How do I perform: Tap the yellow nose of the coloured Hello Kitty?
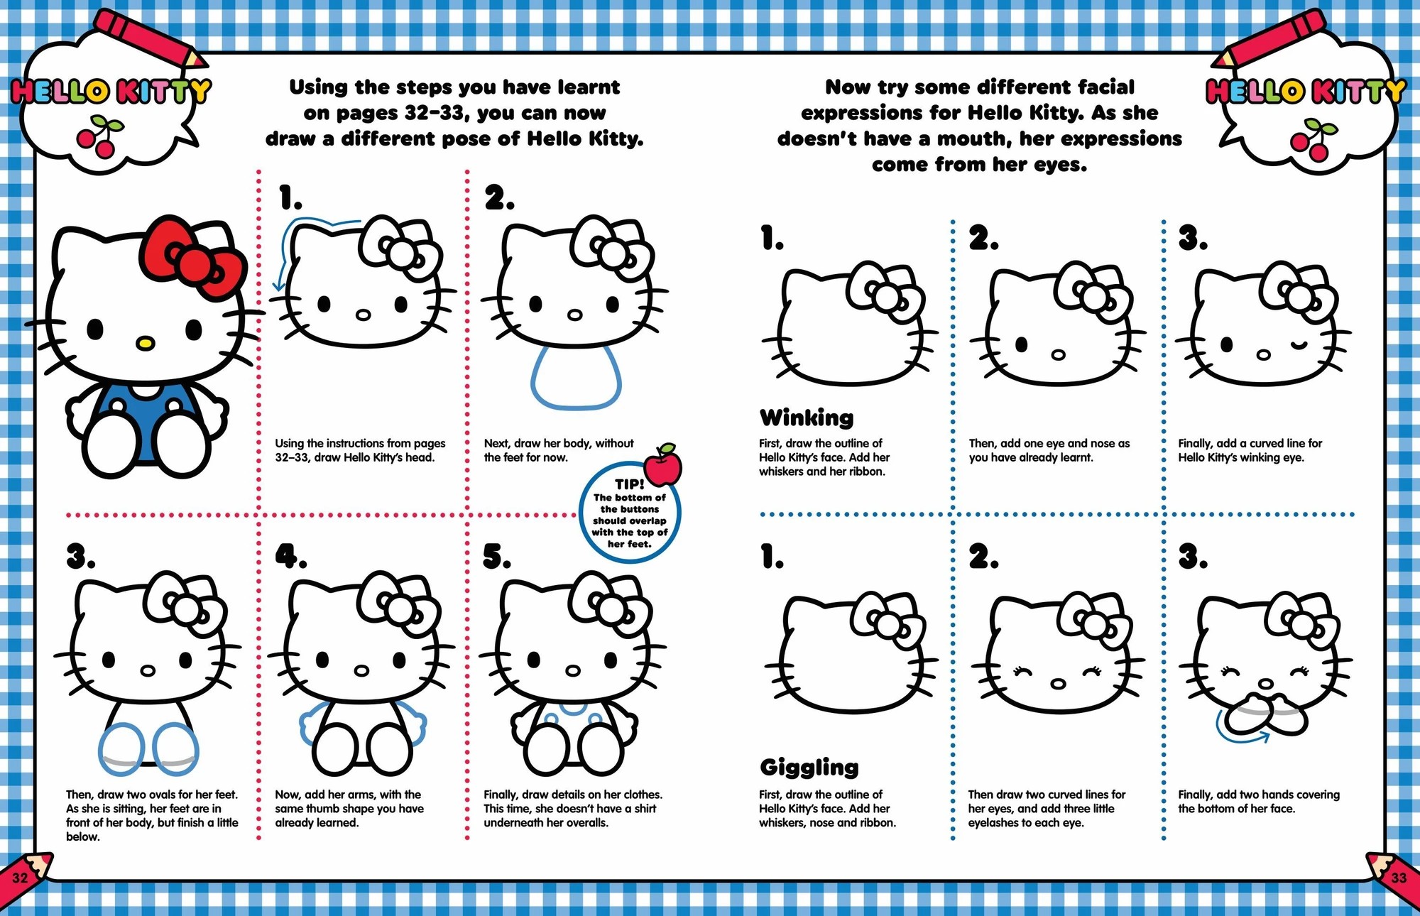[x=145, y=342]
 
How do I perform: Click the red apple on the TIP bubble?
[x=663, y=467]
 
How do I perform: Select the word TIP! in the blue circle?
[x=630, y=484]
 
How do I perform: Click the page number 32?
[x=20, y=878]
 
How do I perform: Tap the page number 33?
[x=1398, y=878]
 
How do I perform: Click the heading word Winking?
[x=807, y=418]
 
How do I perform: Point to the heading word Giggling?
[x=809, y=767]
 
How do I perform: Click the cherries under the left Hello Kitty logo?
[x=100, y=138]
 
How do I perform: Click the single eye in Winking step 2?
[x=1022, y=345]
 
